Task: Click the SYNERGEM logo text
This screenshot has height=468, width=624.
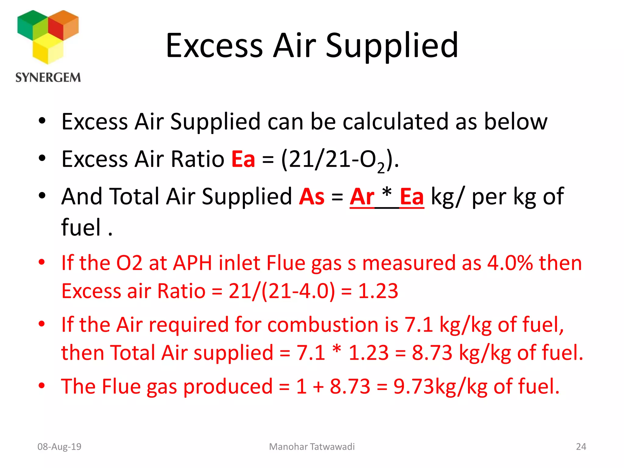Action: click(x=48, y=78)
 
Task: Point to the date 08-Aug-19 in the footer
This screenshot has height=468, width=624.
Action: click(x=59, y=447)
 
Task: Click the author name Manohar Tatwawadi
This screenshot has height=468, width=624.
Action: click(x=312, y=447)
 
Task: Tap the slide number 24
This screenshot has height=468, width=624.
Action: click(x=581, y=447)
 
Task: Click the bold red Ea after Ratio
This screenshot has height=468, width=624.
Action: click(x=243, y=159)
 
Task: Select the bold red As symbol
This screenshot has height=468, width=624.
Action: click(x=312, y=197)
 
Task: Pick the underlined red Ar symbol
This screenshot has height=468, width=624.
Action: click(x=362, y=197)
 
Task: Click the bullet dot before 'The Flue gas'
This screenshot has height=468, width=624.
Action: click(x=42, y=386)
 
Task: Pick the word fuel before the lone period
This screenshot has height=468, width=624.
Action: click(x=81, y=227)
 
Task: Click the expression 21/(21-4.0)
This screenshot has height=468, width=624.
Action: click(x=282, y=291)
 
